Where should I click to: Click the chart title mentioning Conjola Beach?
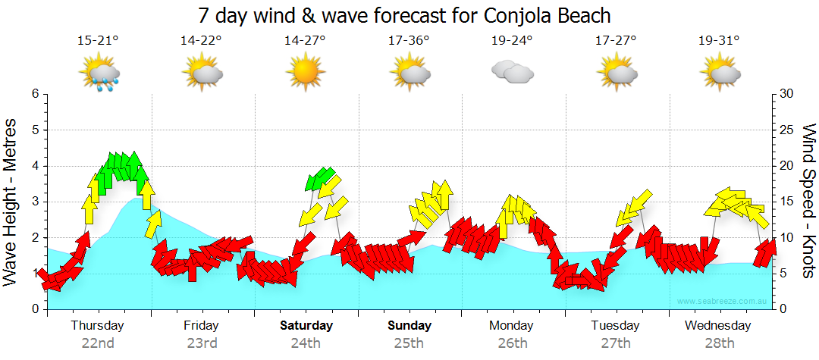404,15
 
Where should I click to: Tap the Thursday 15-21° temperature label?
98,41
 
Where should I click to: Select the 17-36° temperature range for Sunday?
409,41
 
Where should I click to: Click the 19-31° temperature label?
719,41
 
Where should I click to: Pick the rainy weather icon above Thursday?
100,75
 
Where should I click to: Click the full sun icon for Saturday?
305,74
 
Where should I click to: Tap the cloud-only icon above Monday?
512,72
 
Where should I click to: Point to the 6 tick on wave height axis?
34,94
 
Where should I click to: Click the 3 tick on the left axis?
34,202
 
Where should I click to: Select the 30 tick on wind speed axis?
786,94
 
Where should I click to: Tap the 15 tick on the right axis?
786,202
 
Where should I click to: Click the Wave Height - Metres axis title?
11,202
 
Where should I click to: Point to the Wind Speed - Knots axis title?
808,202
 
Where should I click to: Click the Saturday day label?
306,326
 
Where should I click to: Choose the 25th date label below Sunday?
409,343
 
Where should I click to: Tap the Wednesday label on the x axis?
717,326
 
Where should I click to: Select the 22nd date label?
98,343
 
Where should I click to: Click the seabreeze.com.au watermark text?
723,301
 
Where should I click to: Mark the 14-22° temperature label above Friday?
202,41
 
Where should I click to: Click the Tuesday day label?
615,326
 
